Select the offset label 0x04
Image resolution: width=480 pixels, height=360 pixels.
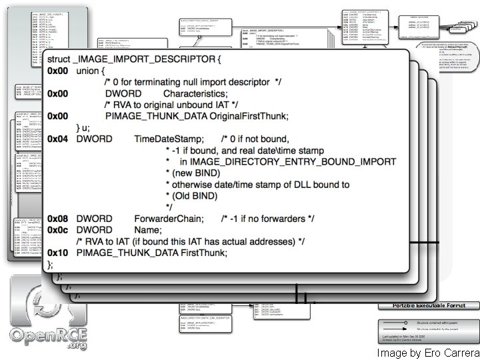57,139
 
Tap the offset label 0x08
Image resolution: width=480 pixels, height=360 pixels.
57,218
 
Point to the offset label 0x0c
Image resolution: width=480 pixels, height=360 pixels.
57,229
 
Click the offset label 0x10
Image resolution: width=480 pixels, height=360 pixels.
57,253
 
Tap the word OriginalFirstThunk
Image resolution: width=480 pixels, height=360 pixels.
249,116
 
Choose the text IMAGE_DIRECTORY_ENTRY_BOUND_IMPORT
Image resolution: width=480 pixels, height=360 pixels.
293,161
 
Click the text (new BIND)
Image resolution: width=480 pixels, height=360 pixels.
193,173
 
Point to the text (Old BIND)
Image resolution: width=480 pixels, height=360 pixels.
192,195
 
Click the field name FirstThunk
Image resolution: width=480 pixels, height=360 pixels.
204,253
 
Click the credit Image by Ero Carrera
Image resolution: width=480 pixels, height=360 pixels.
427,353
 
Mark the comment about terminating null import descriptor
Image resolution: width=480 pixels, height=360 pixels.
193,81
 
